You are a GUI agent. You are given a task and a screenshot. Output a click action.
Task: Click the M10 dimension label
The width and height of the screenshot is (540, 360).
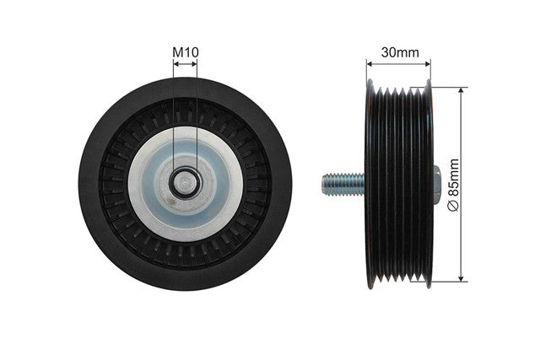click(x=186, y=52)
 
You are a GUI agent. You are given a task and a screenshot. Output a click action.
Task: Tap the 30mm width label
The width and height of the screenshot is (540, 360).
click(x=400, y=52)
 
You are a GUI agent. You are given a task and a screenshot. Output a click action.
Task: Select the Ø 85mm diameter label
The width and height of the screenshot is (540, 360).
click(x=454, y=184)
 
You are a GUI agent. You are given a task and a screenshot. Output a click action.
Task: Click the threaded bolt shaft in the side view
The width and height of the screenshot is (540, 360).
click(x=343, y=184)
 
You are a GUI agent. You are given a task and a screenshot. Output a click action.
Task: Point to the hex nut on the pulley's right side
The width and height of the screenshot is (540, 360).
click(x=437, y=185)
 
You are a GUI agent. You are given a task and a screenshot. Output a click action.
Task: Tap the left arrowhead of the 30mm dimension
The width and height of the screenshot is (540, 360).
click(x=370, y=64)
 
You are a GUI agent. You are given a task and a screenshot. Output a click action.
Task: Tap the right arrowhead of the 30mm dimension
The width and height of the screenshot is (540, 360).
click(x=427, y=64)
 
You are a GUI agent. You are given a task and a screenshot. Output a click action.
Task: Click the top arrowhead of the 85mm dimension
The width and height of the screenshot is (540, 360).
click(x=462, y=91)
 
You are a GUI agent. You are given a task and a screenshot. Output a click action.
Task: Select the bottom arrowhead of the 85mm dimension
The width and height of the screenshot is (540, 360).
click(x=462, y=277)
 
